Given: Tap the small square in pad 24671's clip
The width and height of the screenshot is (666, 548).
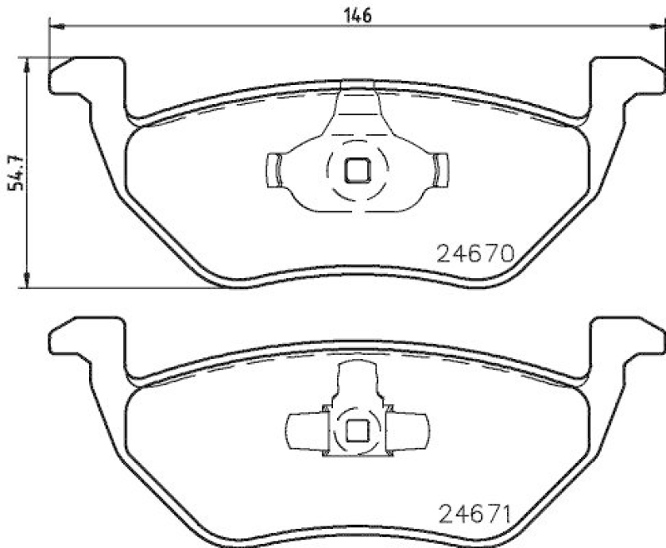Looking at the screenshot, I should tap(359, 430).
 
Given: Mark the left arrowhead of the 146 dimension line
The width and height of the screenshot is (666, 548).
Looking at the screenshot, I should tap(57, 27).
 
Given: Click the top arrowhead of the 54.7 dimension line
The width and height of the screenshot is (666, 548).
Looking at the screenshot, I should tap(28, 64).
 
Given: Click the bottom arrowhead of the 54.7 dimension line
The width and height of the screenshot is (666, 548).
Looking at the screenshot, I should tap(28, 282).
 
